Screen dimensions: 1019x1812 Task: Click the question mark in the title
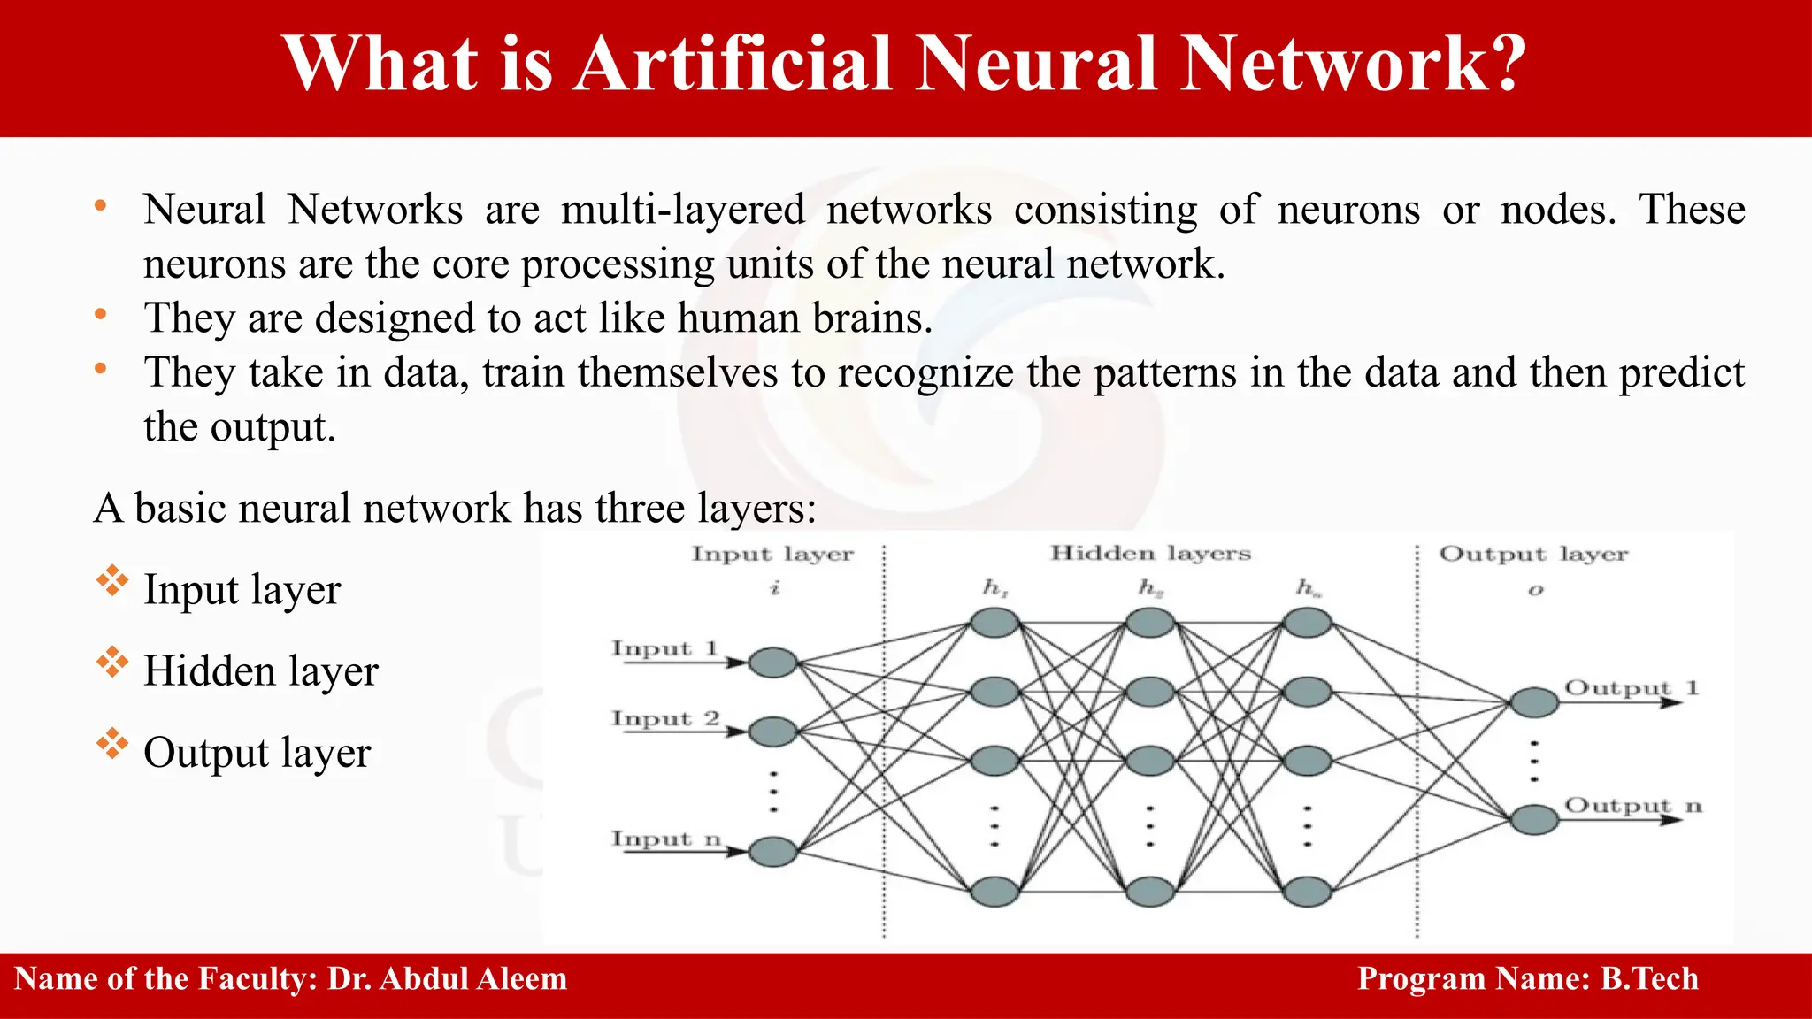click(x=1501, y=64)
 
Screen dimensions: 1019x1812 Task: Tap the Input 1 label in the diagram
click(x=664, y=648)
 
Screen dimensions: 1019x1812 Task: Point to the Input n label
click(x=666, y=838)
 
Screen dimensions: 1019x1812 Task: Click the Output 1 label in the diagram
click(x=1631, y=687)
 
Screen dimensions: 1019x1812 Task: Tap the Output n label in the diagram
click(x=1632, y=805)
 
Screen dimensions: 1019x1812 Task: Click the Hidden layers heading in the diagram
click(x=1150, y=553)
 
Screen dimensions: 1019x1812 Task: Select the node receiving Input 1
click(x=772, y=663)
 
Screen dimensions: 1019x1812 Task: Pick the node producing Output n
click(x=1533, y=819)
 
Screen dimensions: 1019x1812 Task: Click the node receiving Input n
click(x=772, y=852)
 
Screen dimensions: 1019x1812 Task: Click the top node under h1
click(x=994, y=623)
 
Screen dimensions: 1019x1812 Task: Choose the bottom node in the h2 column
click(x=1149, y=892)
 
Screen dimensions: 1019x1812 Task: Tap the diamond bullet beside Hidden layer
click(x=112, y=663)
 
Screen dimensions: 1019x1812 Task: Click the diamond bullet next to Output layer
click(x=112, y=744)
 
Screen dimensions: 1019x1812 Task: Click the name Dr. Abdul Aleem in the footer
click(x=447, y=979)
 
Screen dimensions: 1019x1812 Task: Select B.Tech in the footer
click(x=1649, y=979)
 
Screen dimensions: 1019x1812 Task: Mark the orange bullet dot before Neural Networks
click(x=101, y=206)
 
